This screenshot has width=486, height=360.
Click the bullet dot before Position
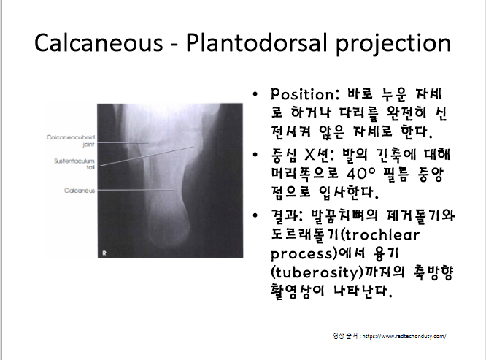(254, 96)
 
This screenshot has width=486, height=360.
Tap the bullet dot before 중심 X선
(254, 156)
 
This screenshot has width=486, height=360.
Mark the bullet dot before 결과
(254, 215)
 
